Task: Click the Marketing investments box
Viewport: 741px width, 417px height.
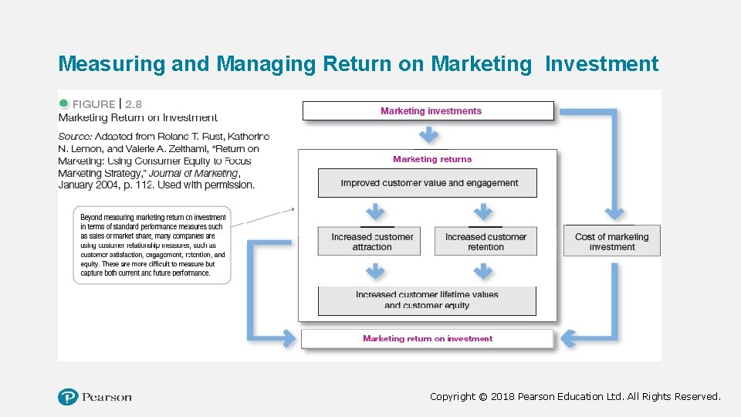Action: point(428,111)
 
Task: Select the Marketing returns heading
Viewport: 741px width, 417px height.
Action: point(431,159)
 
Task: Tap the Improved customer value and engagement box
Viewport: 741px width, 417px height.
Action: point(428,183)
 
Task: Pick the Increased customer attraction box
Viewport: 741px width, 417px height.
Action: point(371,242)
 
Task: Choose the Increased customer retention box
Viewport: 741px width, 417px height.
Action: point(486,242)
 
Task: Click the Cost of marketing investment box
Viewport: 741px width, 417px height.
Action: point(612,242)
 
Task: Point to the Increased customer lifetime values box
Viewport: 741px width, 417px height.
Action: point(427,300)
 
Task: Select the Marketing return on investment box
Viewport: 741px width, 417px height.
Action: point(428,338)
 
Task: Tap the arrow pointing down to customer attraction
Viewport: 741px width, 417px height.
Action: point(375,212)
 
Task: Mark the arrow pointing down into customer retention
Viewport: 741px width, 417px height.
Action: point(483,212)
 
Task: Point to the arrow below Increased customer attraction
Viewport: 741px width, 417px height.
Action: point(375,270)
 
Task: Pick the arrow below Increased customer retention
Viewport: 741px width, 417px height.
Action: point(483,270)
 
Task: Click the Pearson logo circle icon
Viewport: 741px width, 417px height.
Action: point(68,397)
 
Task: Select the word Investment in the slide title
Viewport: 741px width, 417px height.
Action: point(601,63)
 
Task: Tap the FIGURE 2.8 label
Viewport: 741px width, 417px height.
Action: point(100,103)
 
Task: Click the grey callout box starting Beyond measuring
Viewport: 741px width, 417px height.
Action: point(152,245)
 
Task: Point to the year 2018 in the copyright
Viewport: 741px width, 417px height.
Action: point(503,396)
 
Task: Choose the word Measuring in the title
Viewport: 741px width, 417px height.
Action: point(112,63)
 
